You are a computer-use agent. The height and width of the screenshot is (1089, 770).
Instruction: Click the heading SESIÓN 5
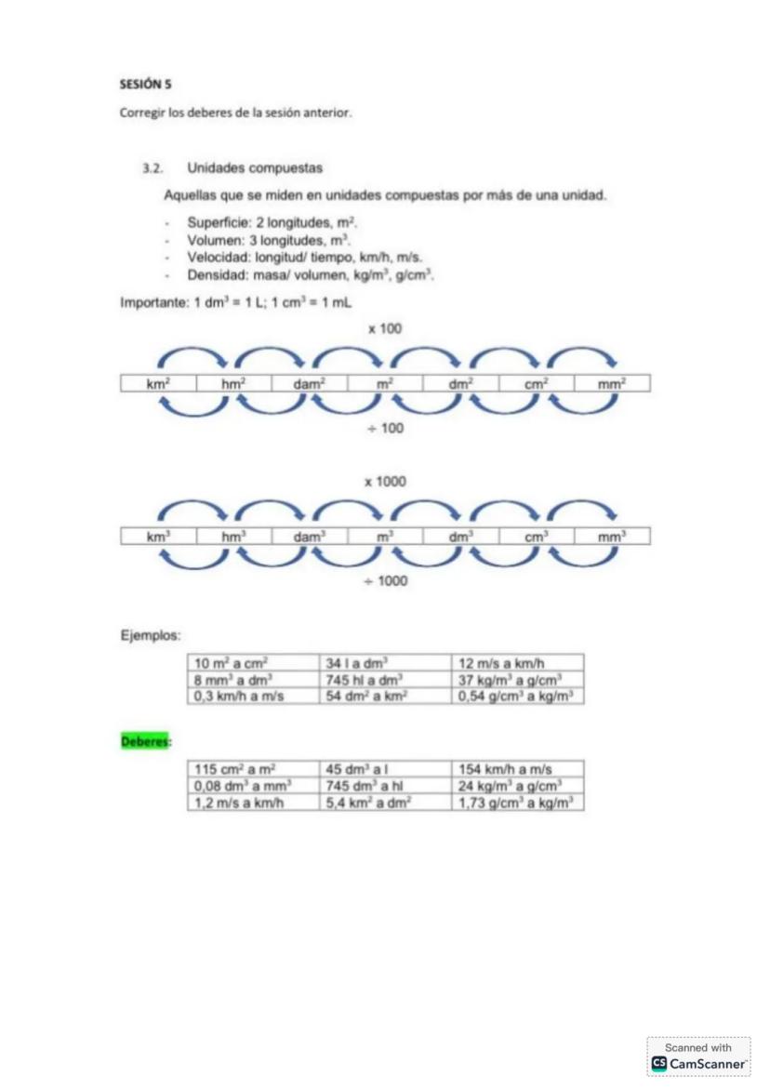[x=146, y=84]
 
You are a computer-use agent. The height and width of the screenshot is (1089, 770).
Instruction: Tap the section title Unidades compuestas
[x=254, y=168]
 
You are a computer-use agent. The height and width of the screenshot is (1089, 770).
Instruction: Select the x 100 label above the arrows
[x=385, y=328]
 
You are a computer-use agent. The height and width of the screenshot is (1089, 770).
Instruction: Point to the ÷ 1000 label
[x=385, y=581]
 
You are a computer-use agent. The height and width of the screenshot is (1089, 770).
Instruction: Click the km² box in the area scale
[x=158, y=383]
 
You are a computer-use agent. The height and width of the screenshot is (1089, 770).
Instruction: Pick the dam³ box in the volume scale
[x=309, y=537]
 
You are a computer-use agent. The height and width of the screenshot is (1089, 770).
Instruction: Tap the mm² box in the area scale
[x=611, y=383]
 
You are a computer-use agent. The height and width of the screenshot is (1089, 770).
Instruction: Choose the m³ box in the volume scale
[x=385, y=537]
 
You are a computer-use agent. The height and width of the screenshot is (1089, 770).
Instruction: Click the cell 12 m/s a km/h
[x=518, y=663]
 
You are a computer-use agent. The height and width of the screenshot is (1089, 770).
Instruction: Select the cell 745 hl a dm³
[x=385, y=680]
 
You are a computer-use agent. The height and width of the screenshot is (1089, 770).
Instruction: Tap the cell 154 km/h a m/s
[x=518, y=769]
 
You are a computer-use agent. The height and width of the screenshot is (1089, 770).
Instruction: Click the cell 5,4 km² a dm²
[x=385, y=802]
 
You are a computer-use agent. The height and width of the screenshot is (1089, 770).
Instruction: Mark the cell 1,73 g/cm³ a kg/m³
[x=518, y=802]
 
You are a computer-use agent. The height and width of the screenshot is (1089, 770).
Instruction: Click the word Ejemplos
[x=150, y=636]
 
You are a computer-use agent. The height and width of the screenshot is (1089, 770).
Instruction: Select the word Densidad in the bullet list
[x=216, y=275]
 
